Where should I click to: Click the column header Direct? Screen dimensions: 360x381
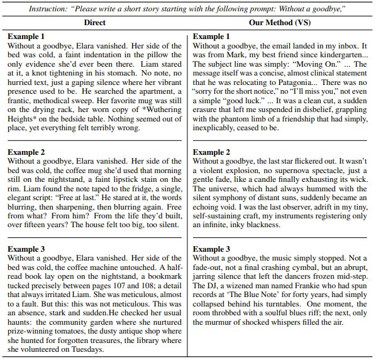tap(94, 22)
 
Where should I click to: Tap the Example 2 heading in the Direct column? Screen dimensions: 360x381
tap(26, 152)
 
